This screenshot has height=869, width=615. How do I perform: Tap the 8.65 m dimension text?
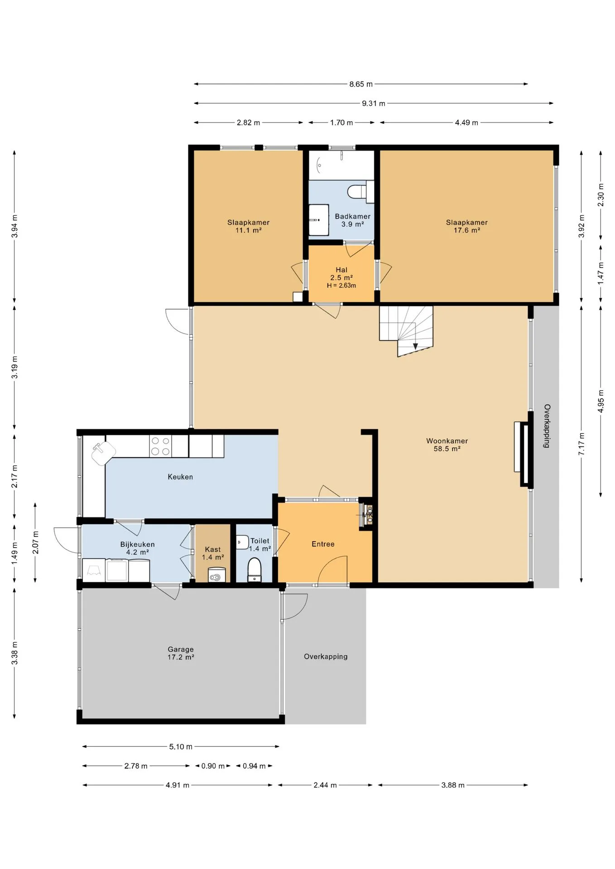(361, 84)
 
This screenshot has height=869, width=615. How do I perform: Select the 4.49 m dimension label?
(466, 123)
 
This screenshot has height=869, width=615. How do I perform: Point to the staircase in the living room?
(406, 331)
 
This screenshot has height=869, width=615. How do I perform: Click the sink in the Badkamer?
(319, 220)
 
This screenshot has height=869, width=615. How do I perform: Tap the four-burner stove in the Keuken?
(160, 446)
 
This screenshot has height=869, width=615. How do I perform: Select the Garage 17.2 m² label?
(181, 653)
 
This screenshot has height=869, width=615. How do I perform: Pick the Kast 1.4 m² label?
(213, 553)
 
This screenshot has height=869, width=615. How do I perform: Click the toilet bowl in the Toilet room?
(255, 569)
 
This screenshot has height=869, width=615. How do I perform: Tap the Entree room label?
(323, 544)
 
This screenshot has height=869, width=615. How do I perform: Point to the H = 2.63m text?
(341, 286)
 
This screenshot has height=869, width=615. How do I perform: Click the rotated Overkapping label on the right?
(547, 426)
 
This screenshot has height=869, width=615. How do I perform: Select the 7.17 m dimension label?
(582, 444)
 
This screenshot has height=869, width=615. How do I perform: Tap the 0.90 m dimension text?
(213, 766)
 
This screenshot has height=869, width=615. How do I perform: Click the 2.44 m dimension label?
(325, 785)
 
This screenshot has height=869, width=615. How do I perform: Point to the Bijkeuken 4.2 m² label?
(137, 548)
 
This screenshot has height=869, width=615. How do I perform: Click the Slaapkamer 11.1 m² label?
(248, 226)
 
